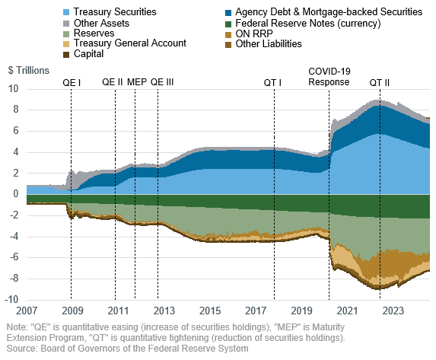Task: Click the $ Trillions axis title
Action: click(x=29, y=70)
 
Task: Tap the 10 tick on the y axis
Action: click(x=14, y=88)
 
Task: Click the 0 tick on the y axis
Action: click(x=17, y=194)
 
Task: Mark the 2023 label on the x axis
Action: click(x=393, y=311)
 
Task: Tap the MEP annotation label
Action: click(x=137, y=81)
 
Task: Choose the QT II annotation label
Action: click(x=381, y=81)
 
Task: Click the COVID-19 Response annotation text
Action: click(x=329, y=76)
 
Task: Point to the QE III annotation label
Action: click(x=162, y=81)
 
